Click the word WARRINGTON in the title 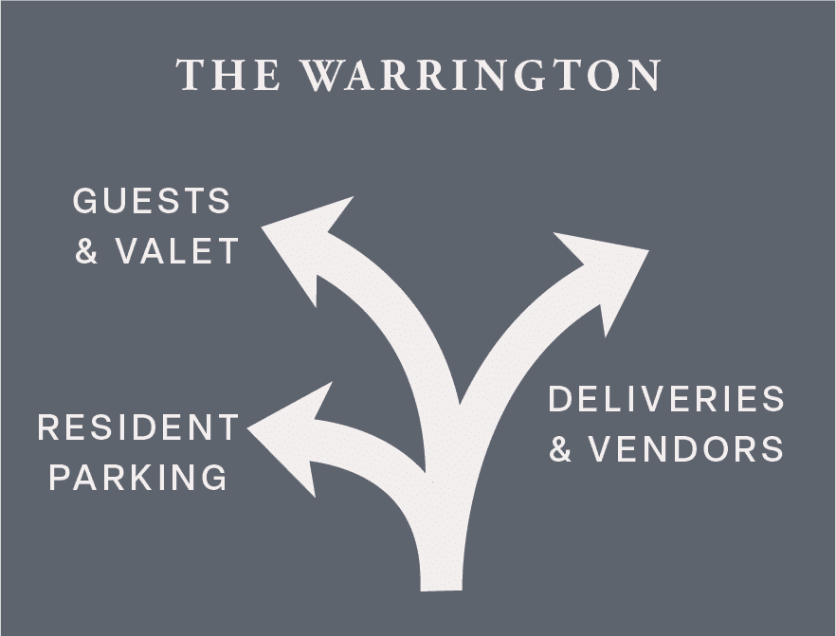(482, 76)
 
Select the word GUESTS (152, 201)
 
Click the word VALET (177, 251)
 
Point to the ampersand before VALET (87, 252)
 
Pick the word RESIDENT (138, 427)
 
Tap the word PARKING (138, 477)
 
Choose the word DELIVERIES (666, 399)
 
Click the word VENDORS (686, 448)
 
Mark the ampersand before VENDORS (561, 449)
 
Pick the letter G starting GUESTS (86, 201)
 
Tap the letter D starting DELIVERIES (561, 399)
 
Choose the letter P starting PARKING (60, 477)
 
